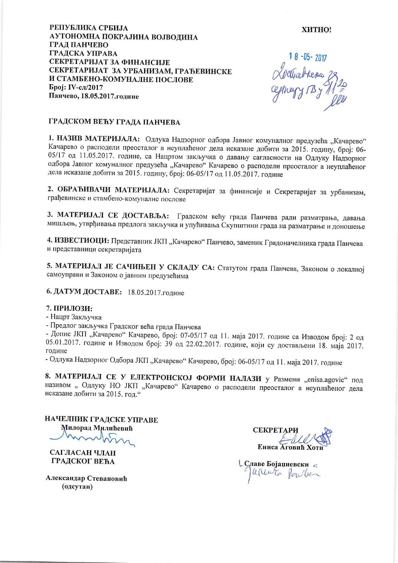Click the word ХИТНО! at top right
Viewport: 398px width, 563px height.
(x=316, y=30)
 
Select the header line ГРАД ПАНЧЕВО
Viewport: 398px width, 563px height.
(x=78, y=45)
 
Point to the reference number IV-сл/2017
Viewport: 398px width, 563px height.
(x=83, y=87)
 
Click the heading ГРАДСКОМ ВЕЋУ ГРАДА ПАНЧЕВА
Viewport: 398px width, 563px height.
(x=114, y=122)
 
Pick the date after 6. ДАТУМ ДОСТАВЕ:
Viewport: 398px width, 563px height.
(x=156, y=293)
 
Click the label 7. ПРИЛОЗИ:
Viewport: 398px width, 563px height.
(x=69, y=308)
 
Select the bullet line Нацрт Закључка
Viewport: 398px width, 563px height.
(x=76, y=317)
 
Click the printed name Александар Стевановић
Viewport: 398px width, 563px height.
(x=86, y=478)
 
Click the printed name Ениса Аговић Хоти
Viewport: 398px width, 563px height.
(x=290, y=447)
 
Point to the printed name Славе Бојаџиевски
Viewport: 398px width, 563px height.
(x=277, y=464)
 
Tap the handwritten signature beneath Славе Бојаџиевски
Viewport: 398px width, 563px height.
(x=282, y=474)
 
